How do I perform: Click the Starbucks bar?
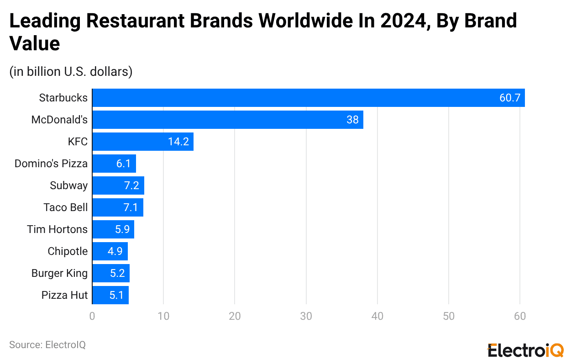(x=309, y=98)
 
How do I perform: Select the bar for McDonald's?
(x=228, y=120)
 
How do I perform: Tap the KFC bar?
(x=143, y=142)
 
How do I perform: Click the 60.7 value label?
(x=509, y=98)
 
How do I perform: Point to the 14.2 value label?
(x=178, y=142)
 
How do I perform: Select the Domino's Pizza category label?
(x=51, y=164)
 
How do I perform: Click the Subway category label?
(x=68, y=185)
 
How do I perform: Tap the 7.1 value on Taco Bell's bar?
(x=130, y=207)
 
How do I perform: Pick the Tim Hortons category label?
(x=57, y=229)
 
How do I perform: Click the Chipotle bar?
(x=110, y=251)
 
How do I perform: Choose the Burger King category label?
(x=59, y=273)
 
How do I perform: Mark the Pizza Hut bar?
(x=110, y=295)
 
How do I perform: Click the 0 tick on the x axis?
(x=92, y=316)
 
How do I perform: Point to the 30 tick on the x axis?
(x=306, y=316)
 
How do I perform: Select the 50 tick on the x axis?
(x=448, y=316)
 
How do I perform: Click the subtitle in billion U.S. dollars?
(x=71, y=72)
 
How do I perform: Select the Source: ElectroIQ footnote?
(x=47, y=345)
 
